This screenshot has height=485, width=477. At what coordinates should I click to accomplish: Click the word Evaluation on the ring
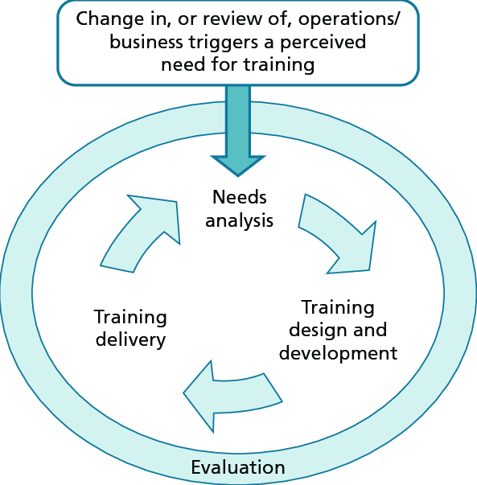pos(238,467)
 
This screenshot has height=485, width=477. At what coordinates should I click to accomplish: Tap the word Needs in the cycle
pos(240,197)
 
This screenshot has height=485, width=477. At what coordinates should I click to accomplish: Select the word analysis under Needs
pos(239,221)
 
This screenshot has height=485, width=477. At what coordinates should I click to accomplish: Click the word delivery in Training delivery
pos(130,340)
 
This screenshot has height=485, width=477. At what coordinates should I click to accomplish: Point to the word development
pos(338,354)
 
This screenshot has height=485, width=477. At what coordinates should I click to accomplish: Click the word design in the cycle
pos(316,331)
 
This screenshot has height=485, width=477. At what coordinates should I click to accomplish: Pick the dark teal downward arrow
pos(238,131)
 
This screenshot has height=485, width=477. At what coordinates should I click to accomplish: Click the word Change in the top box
pos(110,19)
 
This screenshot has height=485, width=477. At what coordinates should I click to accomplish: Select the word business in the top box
pos(146,42)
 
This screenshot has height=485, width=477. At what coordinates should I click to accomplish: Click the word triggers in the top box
pos(224,43)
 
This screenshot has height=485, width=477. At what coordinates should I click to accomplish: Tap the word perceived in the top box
pos(323,43)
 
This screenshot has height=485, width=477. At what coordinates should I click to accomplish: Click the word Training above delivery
pos(130,318)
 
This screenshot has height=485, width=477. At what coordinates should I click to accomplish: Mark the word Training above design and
pos(338,308)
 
